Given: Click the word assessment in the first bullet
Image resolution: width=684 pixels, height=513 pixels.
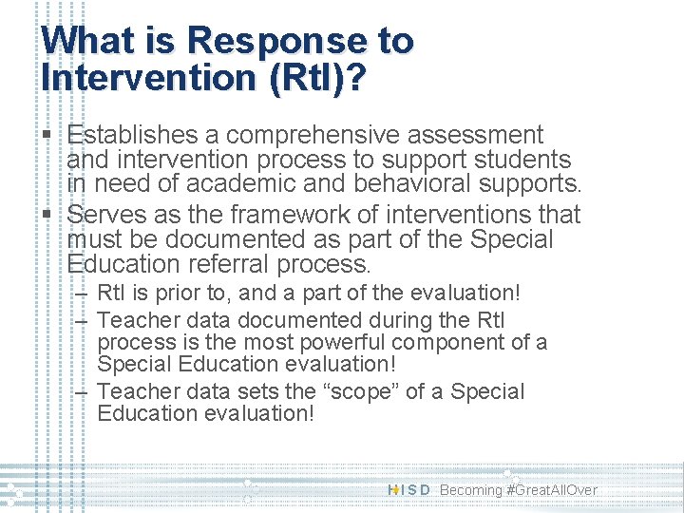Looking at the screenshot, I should (482, 136).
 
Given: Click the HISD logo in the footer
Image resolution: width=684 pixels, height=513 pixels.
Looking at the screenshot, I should (409, 490).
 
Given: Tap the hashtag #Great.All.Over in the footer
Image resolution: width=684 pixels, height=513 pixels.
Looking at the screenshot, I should (552, 490).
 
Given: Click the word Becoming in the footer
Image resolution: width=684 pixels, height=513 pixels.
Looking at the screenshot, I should (471, 490).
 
